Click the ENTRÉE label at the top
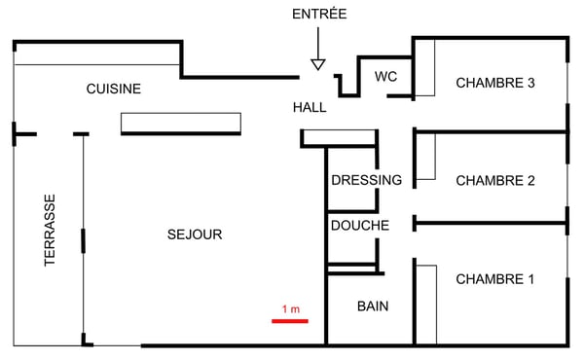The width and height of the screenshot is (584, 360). pyautogui.click(x=319, y=14)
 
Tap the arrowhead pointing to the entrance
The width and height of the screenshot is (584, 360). pyautogui.click(x=317, y=64)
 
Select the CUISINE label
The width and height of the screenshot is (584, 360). pyautogui.click(x=114, y=89)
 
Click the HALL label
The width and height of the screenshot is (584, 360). pyautogui.click(x=310, y=107)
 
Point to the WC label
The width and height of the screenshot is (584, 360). pyautogui.click(x=385, y=77)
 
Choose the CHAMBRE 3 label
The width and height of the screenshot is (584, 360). pyautogui.click(x=495, y=83)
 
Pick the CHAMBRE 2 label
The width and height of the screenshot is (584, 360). pyautogui.click(x=495, y=180)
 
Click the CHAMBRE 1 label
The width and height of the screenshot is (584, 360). pyautogui.click(x=495, y=279)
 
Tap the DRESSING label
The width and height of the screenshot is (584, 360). pyautogui.click(x=366, y=180)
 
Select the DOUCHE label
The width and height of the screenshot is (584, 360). pyautogui.click(x=360, y=226)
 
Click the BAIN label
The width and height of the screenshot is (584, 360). pyautogui.click(x=373, y=306)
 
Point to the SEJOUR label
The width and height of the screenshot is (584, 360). pyautogui.click(x=195, y=234)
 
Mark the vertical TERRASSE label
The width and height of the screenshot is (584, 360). pyautogui.click(x=50, y=231)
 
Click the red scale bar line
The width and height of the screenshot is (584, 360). pyautogui.click(x=290, y=320)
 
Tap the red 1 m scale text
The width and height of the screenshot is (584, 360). pyautogui.click(x=290, y=309)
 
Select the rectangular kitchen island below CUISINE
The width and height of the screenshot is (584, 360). pyautogui.click(x=180, y=123)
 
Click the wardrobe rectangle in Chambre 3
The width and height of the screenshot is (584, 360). pyautogui.click(x=424, y=68)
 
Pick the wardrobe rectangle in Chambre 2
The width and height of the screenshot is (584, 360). pyautogui.click(x=424, y=158)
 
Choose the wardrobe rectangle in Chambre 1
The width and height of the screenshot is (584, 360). pyautogui.click(x=424, y=302)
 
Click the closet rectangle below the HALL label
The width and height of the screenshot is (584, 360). pyautogui.click(x=339, y=137)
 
